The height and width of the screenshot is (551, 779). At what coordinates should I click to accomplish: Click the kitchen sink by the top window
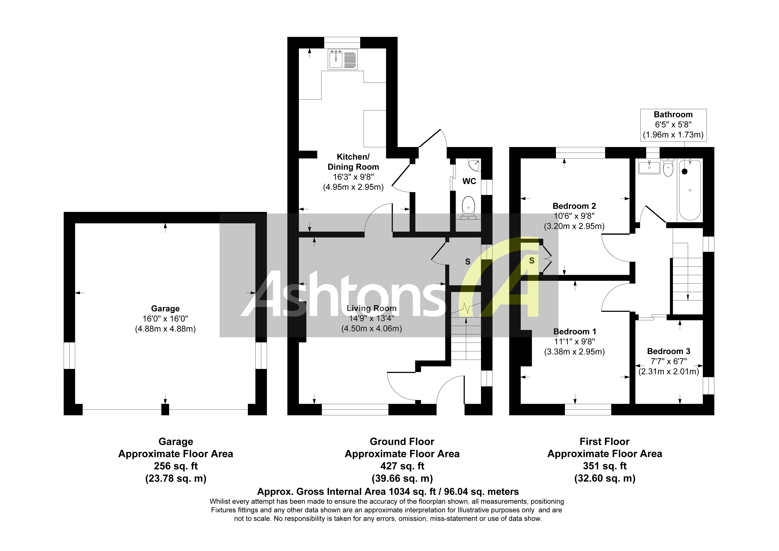[x=343, y=59]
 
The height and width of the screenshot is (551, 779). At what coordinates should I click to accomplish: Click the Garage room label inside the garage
[x=165, y=308]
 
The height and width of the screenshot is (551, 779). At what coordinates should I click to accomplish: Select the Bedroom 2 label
[x=574, y=206]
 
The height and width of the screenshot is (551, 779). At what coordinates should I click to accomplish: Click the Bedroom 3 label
[x=668, y=351]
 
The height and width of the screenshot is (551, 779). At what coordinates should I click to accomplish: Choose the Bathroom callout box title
[x=673, y=115]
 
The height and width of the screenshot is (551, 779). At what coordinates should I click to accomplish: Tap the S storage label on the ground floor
[x=468, y=262]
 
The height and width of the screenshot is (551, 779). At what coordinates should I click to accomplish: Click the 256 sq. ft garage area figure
[x=176, y=466]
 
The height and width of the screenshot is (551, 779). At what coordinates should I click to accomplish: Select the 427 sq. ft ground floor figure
[x=402, y=466]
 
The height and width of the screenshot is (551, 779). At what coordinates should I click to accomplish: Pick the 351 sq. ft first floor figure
[x=605, y=466]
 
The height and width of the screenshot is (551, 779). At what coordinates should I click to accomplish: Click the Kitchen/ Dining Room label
[x=353, y=162]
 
